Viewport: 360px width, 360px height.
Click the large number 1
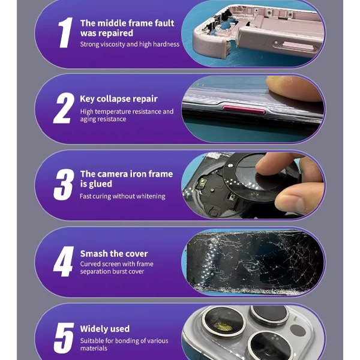[65, 32]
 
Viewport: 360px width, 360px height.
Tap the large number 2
[64, 108]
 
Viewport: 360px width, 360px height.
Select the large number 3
[64, 184]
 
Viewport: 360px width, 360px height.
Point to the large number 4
[64, 261]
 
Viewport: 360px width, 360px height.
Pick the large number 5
[64, 338]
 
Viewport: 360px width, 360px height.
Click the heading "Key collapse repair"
[119, 99]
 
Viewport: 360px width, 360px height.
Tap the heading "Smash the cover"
[114, 254]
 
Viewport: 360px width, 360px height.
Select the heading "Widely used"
[104, 329]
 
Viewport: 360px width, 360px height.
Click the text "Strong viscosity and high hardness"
[130, 44]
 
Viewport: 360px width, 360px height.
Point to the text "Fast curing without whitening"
[122, 196]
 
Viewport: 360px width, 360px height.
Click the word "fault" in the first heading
[164, 23]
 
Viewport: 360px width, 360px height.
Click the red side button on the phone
[244, 110]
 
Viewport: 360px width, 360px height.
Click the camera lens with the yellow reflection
[223, 323]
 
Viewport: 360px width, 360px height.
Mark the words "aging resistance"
[103, 119]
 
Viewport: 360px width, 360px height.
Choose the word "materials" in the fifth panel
[94, 348]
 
